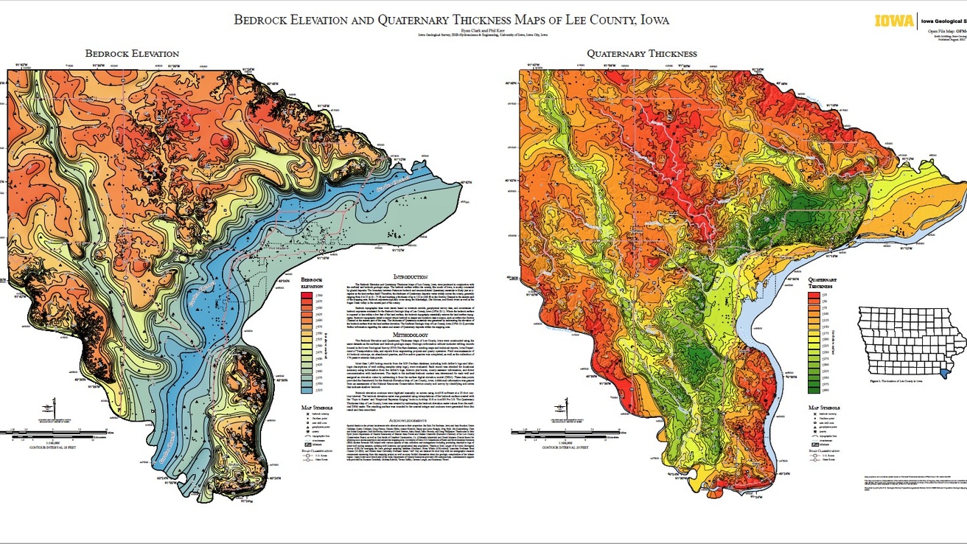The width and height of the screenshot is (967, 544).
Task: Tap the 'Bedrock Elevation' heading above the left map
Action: (x=131, y=54)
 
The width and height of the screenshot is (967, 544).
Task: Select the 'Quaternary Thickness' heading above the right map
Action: (x=641, y=54)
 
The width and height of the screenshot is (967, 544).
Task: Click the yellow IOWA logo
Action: (x=894, y=21)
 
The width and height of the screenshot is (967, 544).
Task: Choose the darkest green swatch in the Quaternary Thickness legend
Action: (x=814, y=388)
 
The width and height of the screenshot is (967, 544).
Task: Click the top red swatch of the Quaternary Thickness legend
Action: (x=814, y=296)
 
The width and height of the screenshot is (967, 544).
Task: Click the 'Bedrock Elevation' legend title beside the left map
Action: (x=313, y=284)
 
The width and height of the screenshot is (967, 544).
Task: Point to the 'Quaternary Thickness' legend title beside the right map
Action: (x=822, y=284)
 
